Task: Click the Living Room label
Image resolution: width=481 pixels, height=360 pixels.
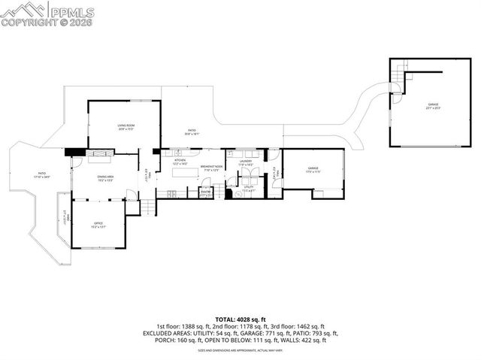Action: point(125,128)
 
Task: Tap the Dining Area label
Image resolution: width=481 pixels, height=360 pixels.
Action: point(104,178)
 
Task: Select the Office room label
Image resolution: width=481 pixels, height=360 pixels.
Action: point(98,224)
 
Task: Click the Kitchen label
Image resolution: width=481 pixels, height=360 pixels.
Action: point(180,162)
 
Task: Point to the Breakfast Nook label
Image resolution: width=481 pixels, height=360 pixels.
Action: point(211,168)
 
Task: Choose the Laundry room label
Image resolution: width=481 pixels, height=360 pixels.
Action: point(246,162)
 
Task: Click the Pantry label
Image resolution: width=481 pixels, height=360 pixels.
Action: point(204,193)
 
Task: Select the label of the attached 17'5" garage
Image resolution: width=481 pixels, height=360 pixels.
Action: point(313,170)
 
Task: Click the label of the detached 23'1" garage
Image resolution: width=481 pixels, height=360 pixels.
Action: point(433,106)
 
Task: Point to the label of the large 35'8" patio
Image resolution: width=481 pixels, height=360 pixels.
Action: point(192,132)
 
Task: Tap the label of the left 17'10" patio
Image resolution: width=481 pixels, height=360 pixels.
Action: point(42,176)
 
